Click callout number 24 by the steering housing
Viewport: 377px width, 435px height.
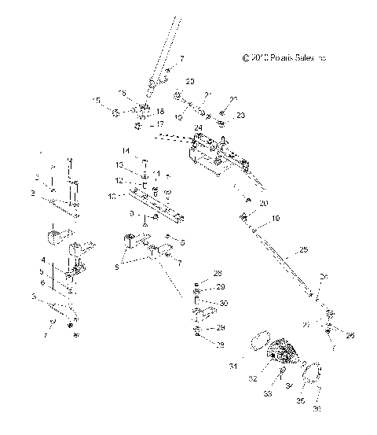199,127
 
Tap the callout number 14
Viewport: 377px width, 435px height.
125,150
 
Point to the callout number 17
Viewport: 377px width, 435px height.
160,123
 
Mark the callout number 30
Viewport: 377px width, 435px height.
225,303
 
